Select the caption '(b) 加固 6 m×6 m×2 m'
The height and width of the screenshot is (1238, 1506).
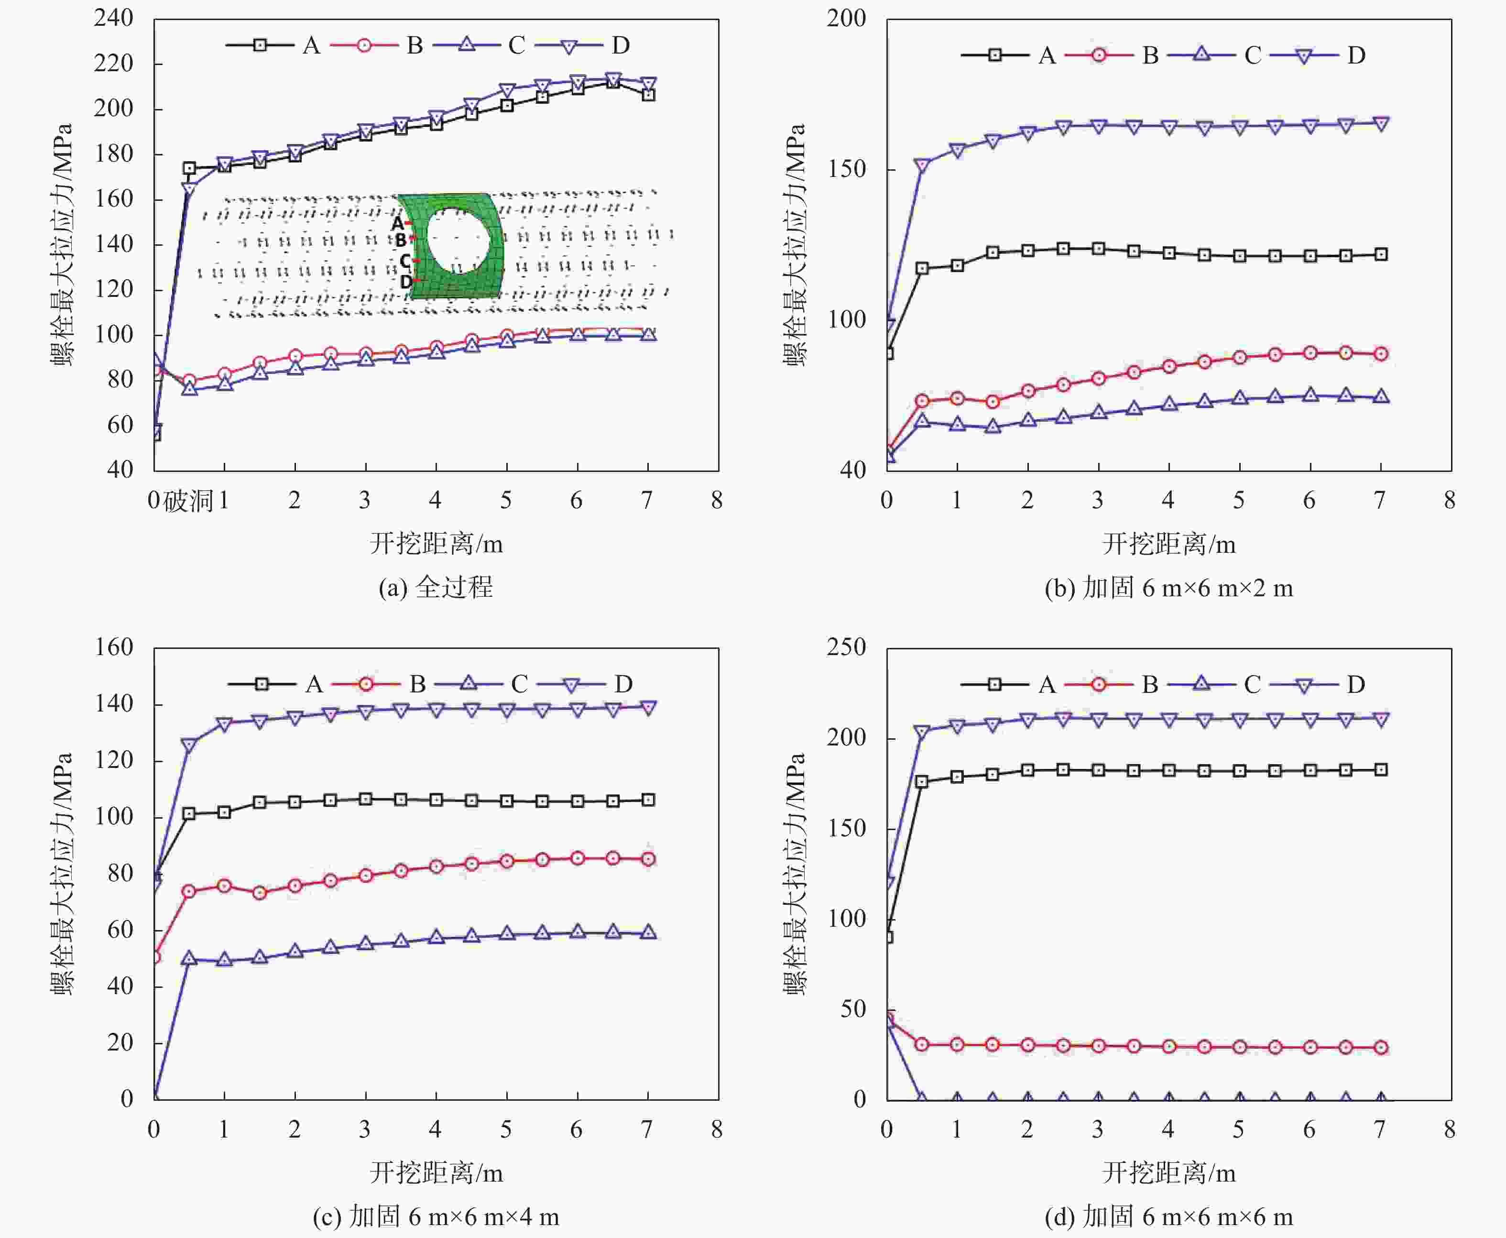point(1168,588)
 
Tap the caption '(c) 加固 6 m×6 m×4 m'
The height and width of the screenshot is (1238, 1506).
point(436,1216)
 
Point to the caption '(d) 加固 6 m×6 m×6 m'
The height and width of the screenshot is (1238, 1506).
point(1168,1216)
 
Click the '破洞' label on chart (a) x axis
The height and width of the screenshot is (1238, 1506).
point(188,501)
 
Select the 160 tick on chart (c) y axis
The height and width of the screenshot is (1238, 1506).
point(114,647)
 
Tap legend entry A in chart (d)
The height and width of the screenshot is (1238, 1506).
point(1046,685)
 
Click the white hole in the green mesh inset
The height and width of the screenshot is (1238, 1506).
point(458,241)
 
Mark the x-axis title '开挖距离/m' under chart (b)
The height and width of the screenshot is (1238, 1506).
point(1168,544)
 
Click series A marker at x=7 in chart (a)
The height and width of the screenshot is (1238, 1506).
point(647,95)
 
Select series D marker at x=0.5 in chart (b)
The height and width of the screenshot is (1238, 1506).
point(922,165)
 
